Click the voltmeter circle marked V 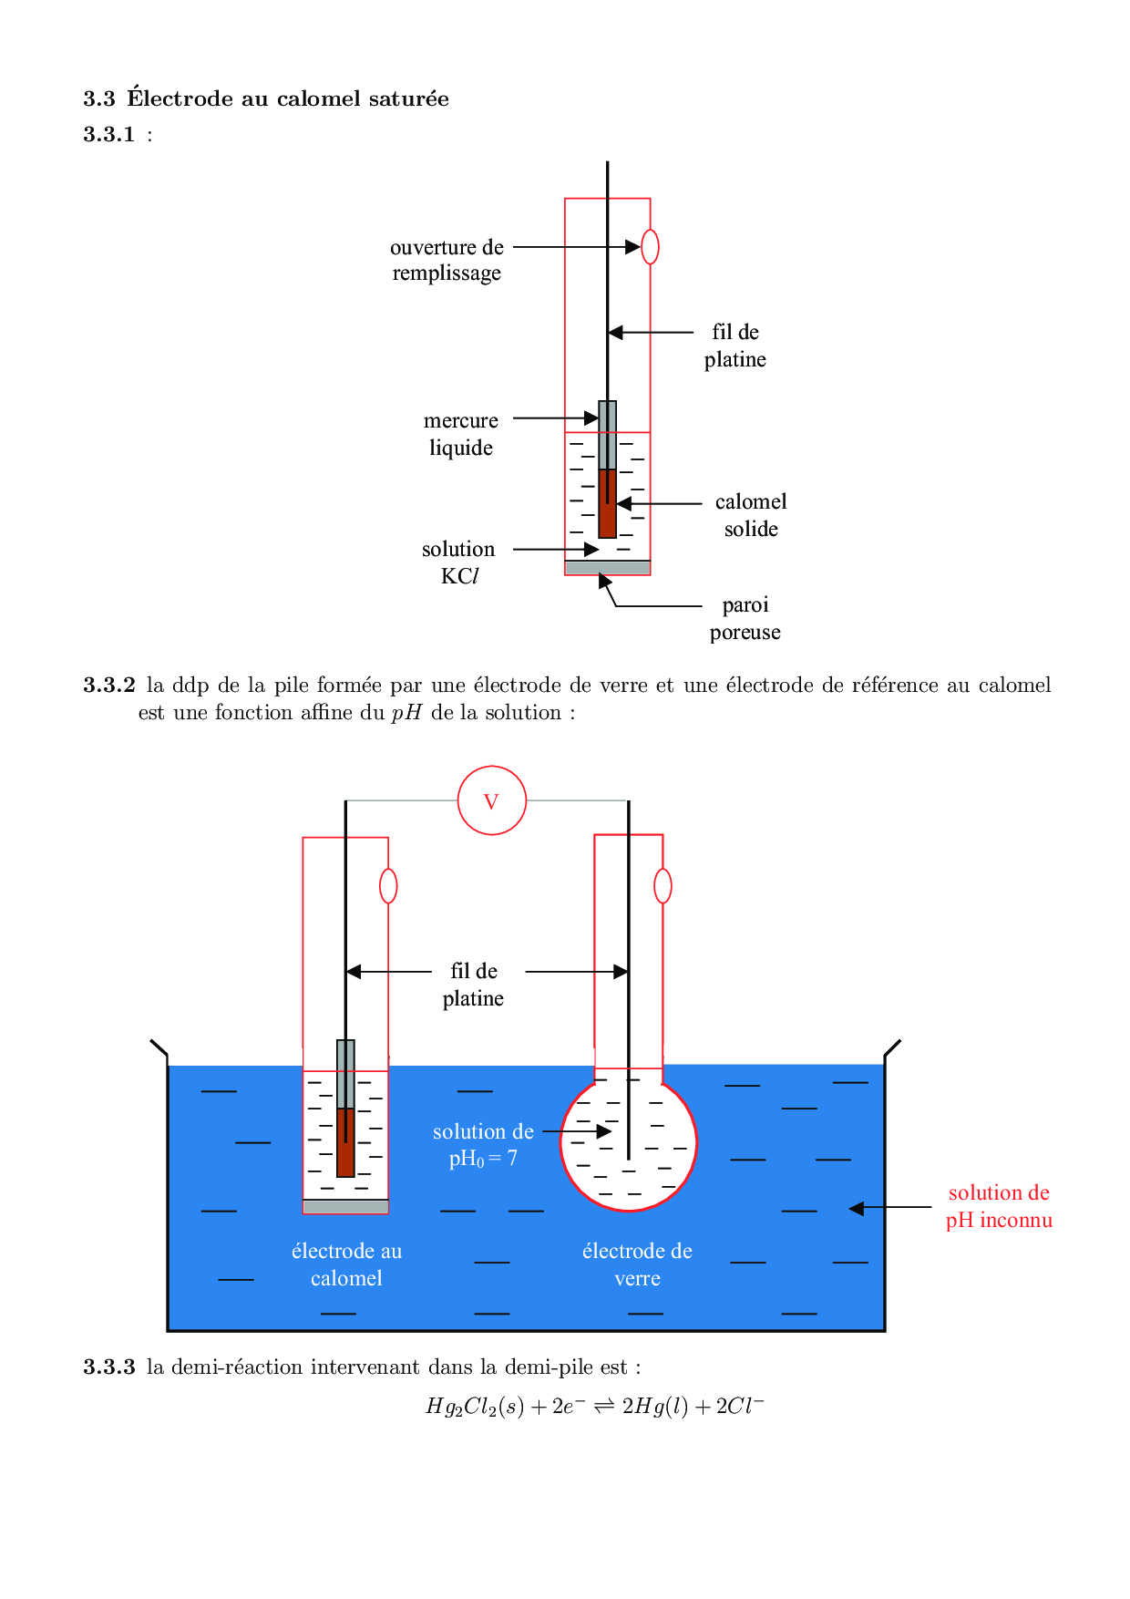[x=491, y=800]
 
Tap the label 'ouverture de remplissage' [x=447, y=260]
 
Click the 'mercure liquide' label [x=461, y=434]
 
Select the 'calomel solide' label [x=751, y=515]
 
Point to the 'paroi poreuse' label [x=745, y=618]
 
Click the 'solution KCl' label [x=458, y=562]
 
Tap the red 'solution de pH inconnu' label [x=999, y=1206]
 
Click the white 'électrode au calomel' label [x=346, y=1264]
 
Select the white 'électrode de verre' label [x=637, y=1264]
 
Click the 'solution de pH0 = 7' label [x=483, y=1145]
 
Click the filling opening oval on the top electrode [x=650, y=246]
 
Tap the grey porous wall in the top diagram [x=608, y=568]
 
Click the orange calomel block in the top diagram [x=608, y=504]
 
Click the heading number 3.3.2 [x=109, y=685]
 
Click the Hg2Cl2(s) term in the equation [x=475, y=1407]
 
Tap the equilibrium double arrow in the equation [x=604, y=1407]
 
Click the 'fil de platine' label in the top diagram [x=734, y=346]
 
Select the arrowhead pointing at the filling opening [x=632, y=246]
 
